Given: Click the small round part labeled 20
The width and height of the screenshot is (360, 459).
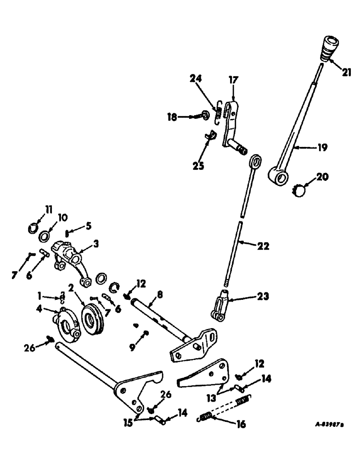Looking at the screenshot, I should point(301,190).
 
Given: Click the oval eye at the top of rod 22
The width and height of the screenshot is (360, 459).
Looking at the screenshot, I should point(256,162).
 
